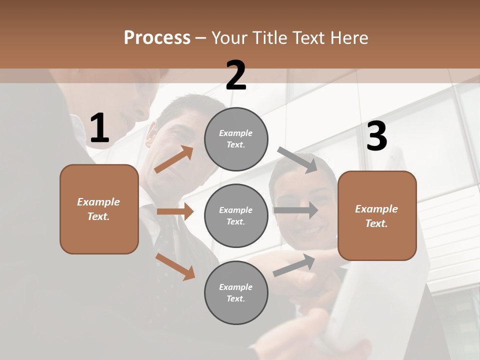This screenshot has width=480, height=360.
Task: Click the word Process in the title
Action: click(x=157, y=38)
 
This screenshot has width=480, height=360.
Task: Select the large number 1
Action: click(x=99, y=128)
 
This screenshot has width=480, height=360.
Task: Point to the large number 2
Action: click(x=236, y=75)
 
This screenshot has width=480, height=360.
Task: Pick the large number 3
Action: click(x=376, y=136)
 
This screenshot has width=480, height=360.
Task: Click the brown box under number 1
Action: click(x=99, y=209)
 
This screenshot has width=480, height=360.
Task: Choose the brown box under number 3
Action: click(x=377, y=215)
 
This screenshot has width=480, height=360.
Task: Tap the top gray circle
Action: click(x=236, y=139)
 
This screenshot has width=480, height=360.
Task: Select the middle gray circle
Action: click(x=236, y=215)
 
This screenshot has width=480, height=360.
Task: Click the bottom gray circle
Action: click(x=236, y=292)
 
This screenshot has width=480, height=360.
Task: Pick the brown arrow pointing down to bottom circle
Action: click(x=175, y=266)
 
